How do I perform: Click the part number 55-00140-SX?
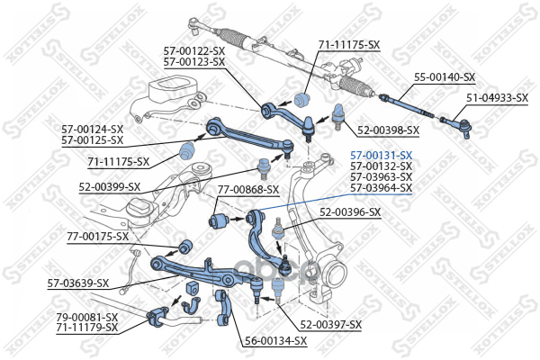(445, 77)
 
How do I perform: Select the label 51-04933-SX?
(498, 98)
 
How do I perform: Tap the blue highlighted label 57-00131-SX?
(382, 155)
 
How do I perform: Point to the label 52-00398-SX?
(388, 130)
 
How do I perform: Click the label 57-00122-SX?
(193, 51)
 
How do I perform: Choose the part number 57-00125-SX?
(93, 140)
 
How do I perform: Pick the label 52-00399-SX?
(110, 187)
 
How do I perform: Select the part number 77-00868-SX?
(248, 190)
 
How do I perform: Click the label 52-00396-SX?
(350, 212)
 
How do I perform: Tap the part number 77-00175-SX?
(98, 237)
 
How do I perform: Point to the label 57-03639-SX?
(78, 283)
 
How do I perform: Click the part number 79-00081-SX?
(87, 317)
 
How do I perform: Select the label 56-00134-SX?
(275, 341)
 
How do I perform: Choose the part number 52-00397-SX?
(331, 325)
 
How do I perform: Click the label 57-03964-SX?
(382, 188)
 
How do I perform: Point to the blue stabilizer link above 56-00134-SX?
(224, 308)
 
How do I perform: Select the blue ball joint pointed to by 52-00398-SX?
(338, 116)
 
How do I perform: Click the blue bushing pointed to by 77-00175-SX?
(184, 246)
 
